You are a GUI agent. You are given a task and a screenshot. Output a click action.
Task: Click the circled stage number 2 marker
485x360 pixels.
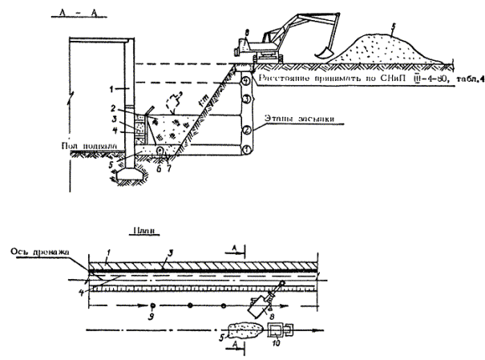[x=249, y=128]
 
